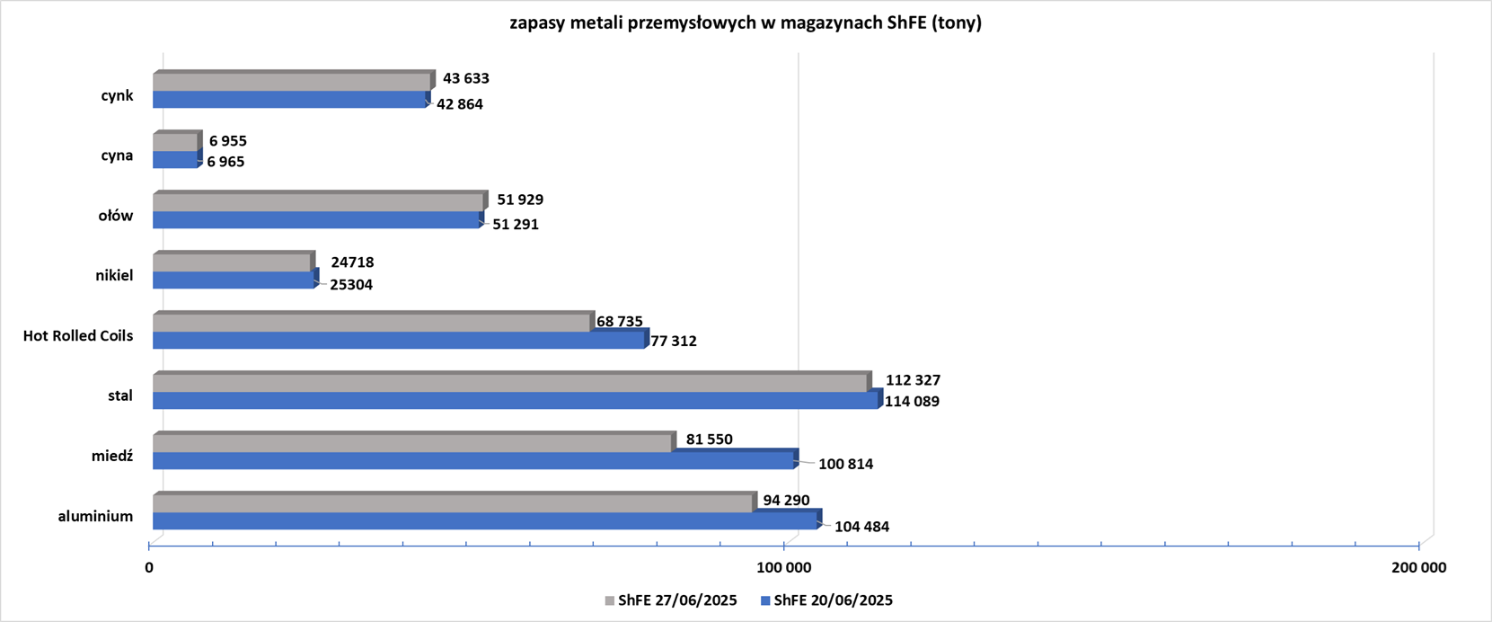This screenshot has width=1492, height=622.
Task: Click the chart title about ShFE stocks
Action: [x=746, y=23]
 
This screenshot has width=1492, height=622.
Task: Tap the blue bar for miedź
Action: [x=473, y=461]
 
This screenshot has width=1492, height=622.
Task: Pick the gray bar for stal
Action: [x=510, y=383]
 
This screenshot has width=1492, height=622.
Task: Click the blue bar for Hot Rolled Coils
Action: [x=399, y=341]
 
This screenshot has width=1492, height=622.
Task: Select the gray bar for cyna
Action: [x=175, y=142]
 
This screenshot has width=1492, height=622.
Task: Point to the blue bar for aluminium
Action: [x=485, y=521]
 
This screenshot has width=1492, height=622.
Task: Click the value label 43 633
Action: [x=465, y=79]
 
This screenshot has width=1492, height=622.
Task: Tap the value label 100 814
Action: [x=845, y=465]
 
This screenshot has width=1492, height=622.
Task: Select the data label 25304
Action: [x=345, y=285]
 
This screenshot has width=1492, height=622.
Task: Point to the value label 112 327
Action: [x=913, y=380]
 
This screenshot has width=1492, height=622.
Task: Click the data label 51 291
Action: [x=515, y=225]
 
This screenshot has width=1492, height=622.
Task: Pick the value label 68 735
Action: [x=619, y=322]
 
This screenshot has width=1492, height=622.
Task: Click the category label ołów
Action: [x=116, y=216]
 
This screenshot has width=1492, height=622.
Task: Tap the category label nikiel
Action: [x=114, y=276]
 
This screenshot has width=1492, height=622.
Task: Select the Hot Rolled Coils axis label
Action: [x=78, y=336]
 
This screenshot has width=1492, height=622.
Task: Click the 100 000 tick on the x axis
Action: [x=784, y=568]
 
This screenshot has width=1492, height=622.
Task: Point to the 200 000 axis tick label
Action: [x=1418, y=568]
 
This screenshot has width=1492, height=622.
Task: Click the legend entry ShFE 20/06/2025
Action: [x=826, y=600]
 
